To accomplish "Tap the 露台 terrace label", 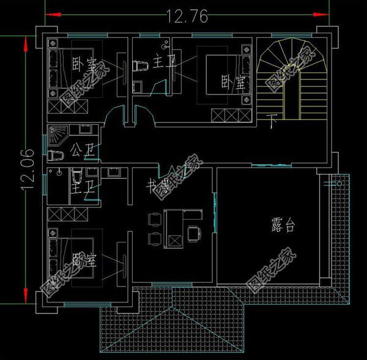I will [x=283, y=225].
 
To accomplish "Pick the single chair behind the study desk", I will [x=195, y=232].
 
